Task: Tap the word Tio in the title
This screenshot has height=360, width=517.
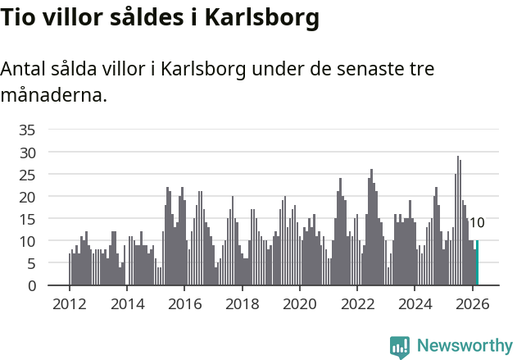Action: (17, 19)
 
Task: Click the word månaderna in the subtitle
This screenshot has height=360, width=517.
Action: (54, 95)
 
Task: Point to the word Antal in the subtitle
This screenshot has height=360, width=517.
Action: (24, 69)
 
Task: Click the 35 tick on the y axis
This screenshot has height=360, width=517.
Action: (27, 130)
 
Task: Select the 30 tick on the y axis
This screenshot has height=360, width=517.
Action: (27, 153)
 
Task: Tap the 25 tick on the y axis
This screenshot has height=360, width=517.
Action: (27, 175)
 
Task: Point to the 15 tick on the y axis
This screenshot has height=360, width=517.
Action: (27, 219)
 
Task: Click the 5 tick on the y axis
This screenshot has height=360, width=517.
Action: (31, 264)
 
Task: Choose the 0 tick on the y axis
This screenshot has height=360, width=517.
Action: (31, 286)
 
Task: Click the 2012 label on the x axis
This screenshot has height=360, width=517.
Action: (69, 303)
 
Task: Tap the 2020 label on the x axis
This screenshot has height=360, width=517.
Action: (299, 303)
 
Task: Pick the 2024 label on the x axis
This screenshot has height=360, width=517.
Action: (415, 303)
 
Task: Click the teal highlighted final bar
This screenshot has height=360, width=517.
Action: (477, 263)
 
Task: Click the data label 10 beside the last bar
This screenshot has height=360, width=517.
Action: (477, 223)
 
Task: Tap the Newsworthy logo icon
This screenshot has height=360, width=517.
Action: (400, 347)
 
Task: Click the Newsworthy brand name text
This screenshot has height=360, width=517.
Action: (464, 346)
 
